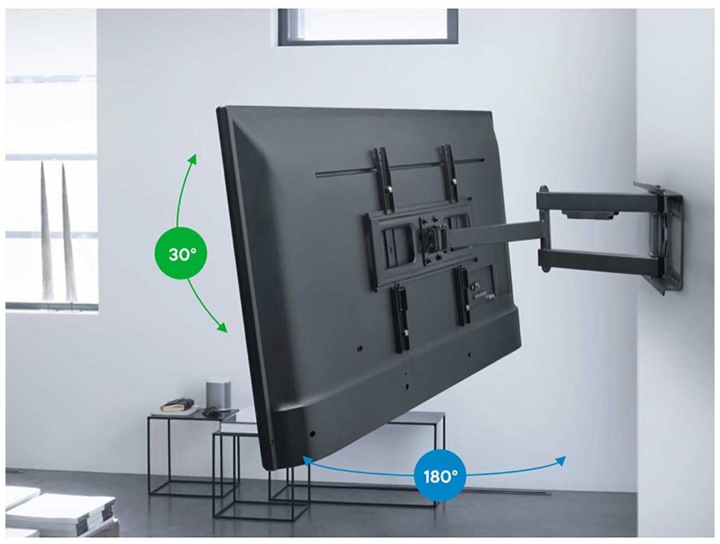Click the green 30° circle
(181, 253)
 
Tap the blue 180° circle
(440, 476)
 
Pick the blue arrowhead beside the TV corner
(307, 460)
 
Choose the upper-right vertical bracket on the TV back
(449, 172)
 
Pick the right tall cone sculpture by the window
(69, 232)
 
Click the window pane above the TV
(368, 27)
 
